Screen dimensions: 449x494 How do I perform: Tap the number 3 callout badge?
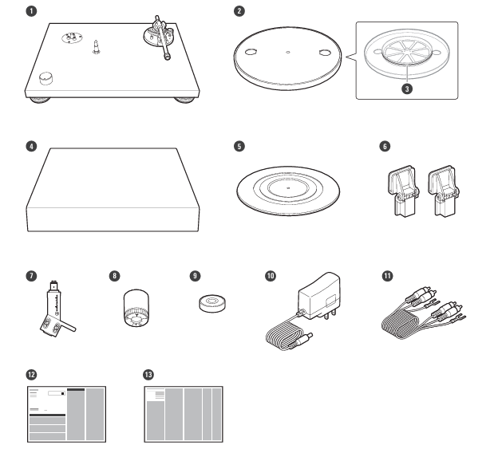[x=407, y=89]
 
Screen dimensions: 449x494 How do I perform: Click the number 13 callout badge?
[x=147, y=372]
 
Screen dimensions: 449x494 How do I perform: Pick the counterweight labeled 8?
[x=132, y=309]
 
